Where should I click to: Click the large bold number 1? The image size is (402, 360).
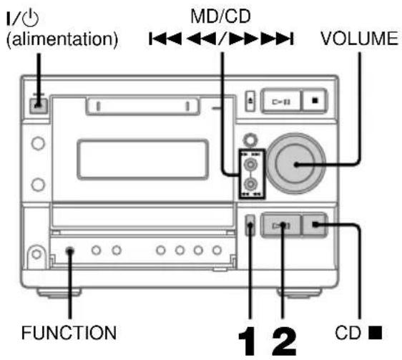pyautogui.click(x=250, y=335)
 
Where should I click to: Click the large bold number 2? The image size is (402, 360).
pyautogui.click(x=284, y=335)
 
